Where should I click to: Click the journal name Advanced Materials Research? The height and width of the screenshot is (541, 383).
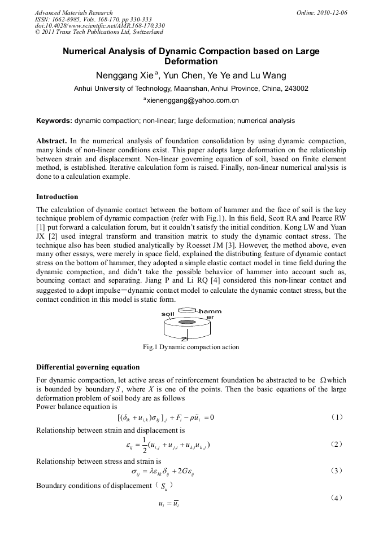(x=73, y=12)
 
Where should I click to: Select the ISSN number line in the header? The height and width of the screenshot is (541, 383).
(x=93, y=19)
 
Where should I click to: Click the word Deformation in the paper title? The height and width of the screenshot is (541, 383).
(x=191, y=61)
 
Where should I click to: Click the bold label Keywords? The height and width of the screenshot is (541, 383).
(x=54, y=121)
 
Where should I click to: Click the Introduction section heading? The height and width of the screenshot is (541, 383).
(x=57, y=197)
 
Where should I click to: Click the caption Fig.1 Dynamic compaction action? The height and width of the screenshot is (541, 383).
(x=191, y=347)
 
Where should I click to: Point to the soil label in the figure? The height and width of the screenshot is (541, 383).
(x=168, y=314)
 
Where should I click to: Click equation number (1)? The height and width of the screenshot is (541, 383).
(x=337, y=417)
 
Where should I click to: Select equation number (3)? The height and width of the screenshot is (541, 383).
(x=337, y=470)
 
